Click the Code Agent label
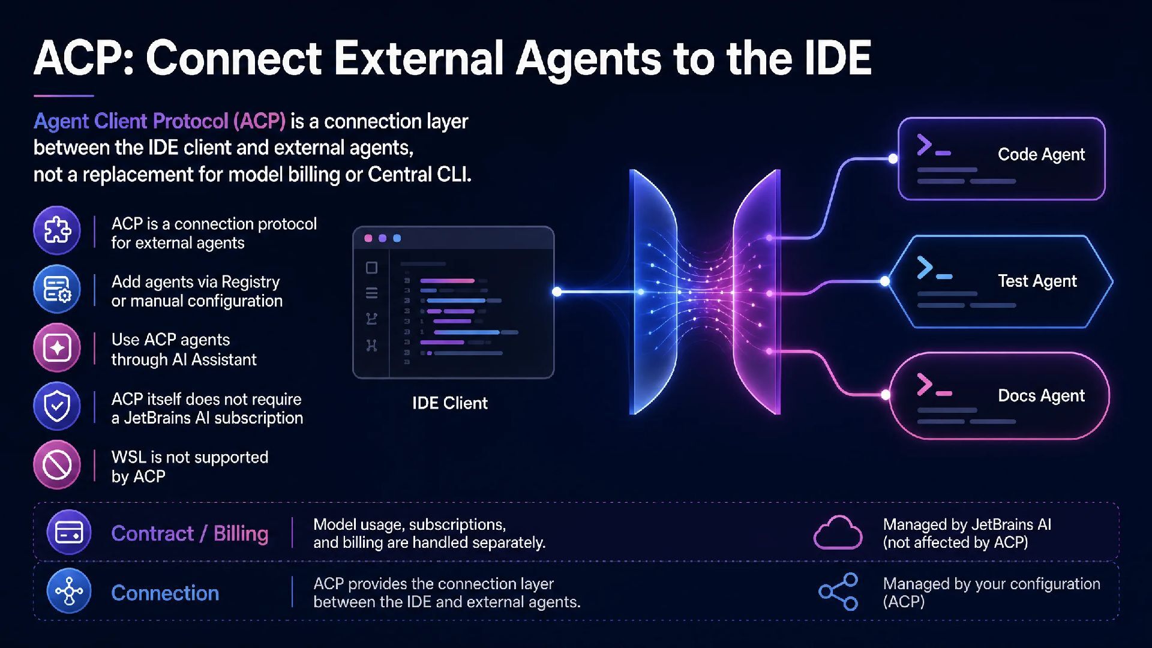tap(1041, 155)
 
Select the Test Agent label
tap(1037, 281)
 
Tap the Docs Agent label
tap(1041, 395)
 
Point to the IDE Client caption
tap(450, 403)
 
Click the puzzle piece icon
tap(57, 230)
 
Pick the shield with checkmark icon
tap(57, 406)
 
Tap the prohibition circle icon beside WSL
tap(57, 465)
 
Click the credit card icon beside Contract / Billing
tap(69, 532)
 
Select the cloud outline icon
tap(838, 532)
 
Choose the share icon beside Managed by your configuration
tap(839, 592)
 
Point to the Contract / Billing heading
tap(190, 533)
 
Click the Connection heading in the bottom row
tap(165, 593)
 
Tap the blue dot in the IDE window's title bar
tap(397, 238)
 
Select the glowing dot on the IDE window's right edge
tap(557, 292)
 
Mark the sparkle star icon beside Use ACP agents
tap(57, 348)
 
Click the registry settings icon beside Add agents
tap(57, 289)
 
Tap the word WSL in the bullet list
tap(129, 457)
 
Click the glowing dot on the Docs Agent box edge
tap(886, 395)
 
